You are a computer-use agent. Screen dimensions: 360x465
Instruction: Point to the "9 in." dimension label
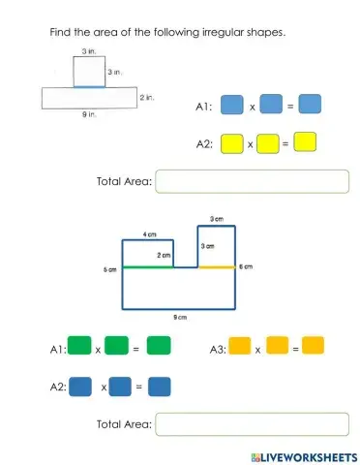pos(89,115)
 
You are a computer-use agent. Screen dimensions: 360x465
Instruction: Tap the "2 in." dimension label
pos(148,97)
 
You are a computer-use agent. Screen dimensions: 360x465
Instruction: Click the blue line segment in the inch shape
pos(89,87)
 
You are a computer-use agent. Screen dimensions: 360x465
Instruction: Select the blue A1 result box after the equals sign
pos(309,104)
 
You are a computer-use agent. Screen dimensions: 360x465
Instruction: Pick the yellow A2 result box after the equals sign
pos(305,143)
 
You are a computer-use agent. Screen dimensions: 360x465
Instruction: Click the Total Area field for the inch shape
pos(252,181)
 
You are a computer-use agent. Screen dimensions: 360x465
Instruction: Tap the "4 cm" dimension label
pos(151,234)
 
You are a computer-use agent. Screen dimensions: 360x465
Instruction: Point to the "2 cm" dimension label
pos(165,256)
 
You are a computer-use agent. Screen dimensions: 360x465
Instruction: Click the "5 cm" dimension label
pos(110,269)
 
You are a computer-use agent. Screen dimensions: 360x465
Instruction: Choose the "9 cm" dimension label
pos(180,317)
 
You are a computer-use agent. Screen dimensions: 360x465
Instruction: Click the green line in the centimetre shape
pos(147,267)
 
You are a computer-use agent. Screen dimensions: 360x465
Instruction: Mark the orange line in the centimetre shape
pos(217,267)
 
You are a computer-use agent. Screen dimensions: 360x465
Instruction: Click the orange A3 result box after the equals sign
pos(313,345)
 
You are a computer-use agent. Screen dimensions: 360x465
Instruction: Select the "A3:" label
pos(218,348)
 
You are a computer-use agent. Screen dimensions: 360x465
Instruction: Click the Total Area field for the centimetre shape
pos(252,423)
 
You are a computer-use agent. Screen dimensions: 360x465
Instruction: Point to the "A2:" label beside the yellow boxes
pos(204,144)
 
